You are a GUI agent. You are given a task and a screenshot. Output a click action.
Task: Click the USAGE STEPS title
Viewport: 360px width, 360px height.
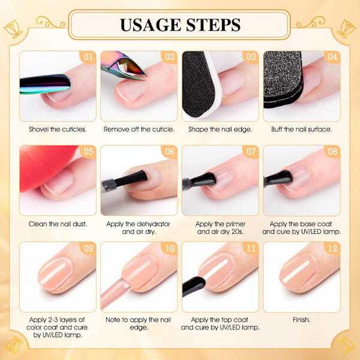180,25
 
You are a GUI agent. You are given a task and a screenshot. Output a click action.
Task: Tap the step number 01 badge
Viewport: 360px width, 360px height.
88,57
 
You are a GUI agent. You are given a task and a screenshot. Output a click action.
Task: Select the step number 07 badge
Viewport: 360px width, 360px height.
251,152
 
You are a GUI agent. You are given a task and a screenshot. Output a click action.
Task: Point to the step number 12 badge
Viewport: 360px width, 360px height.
332,248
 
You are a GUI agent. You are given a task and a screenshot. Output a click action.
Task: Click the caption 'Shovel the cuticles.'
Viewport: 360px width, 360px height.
58,129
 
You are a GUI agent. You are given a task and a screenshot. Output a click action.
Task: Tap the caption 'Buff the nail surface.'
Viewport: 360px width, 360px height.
301,129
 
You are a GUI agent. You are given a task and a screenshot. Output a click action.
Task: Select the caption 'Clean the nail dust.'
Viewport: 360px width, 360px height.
58,224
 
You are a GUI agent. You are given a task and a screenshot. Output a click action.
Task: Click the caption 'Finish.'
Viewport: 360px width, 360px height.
301,320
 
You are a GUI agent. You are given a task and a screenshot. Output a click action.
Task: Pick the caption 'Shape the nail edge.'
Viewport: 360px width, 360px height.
220,129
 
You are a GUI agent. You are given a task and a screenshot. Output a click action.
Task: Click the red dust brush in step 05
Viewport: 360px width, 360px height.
46,166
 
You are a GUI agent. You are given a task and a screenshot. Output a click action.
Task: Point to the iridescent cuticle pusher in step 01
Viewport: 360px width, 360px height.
45,84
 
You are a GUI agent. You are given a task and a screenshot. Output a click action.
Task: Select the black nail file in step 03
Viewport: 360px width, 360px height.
200,85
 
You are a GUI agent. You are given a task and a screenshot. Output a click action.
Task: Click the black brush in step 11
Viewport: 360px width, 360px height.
193,286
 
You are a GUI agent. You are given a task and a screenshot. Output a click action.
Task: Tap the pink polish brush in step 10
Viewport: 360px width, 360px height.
115,294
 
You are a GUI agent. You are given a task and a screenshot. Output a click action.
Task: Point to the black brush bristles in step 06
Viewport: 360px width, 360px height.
131,178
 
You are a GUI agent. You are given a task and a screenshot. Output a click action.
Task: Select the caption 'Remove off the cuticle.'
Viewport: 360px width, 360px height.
139,129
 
